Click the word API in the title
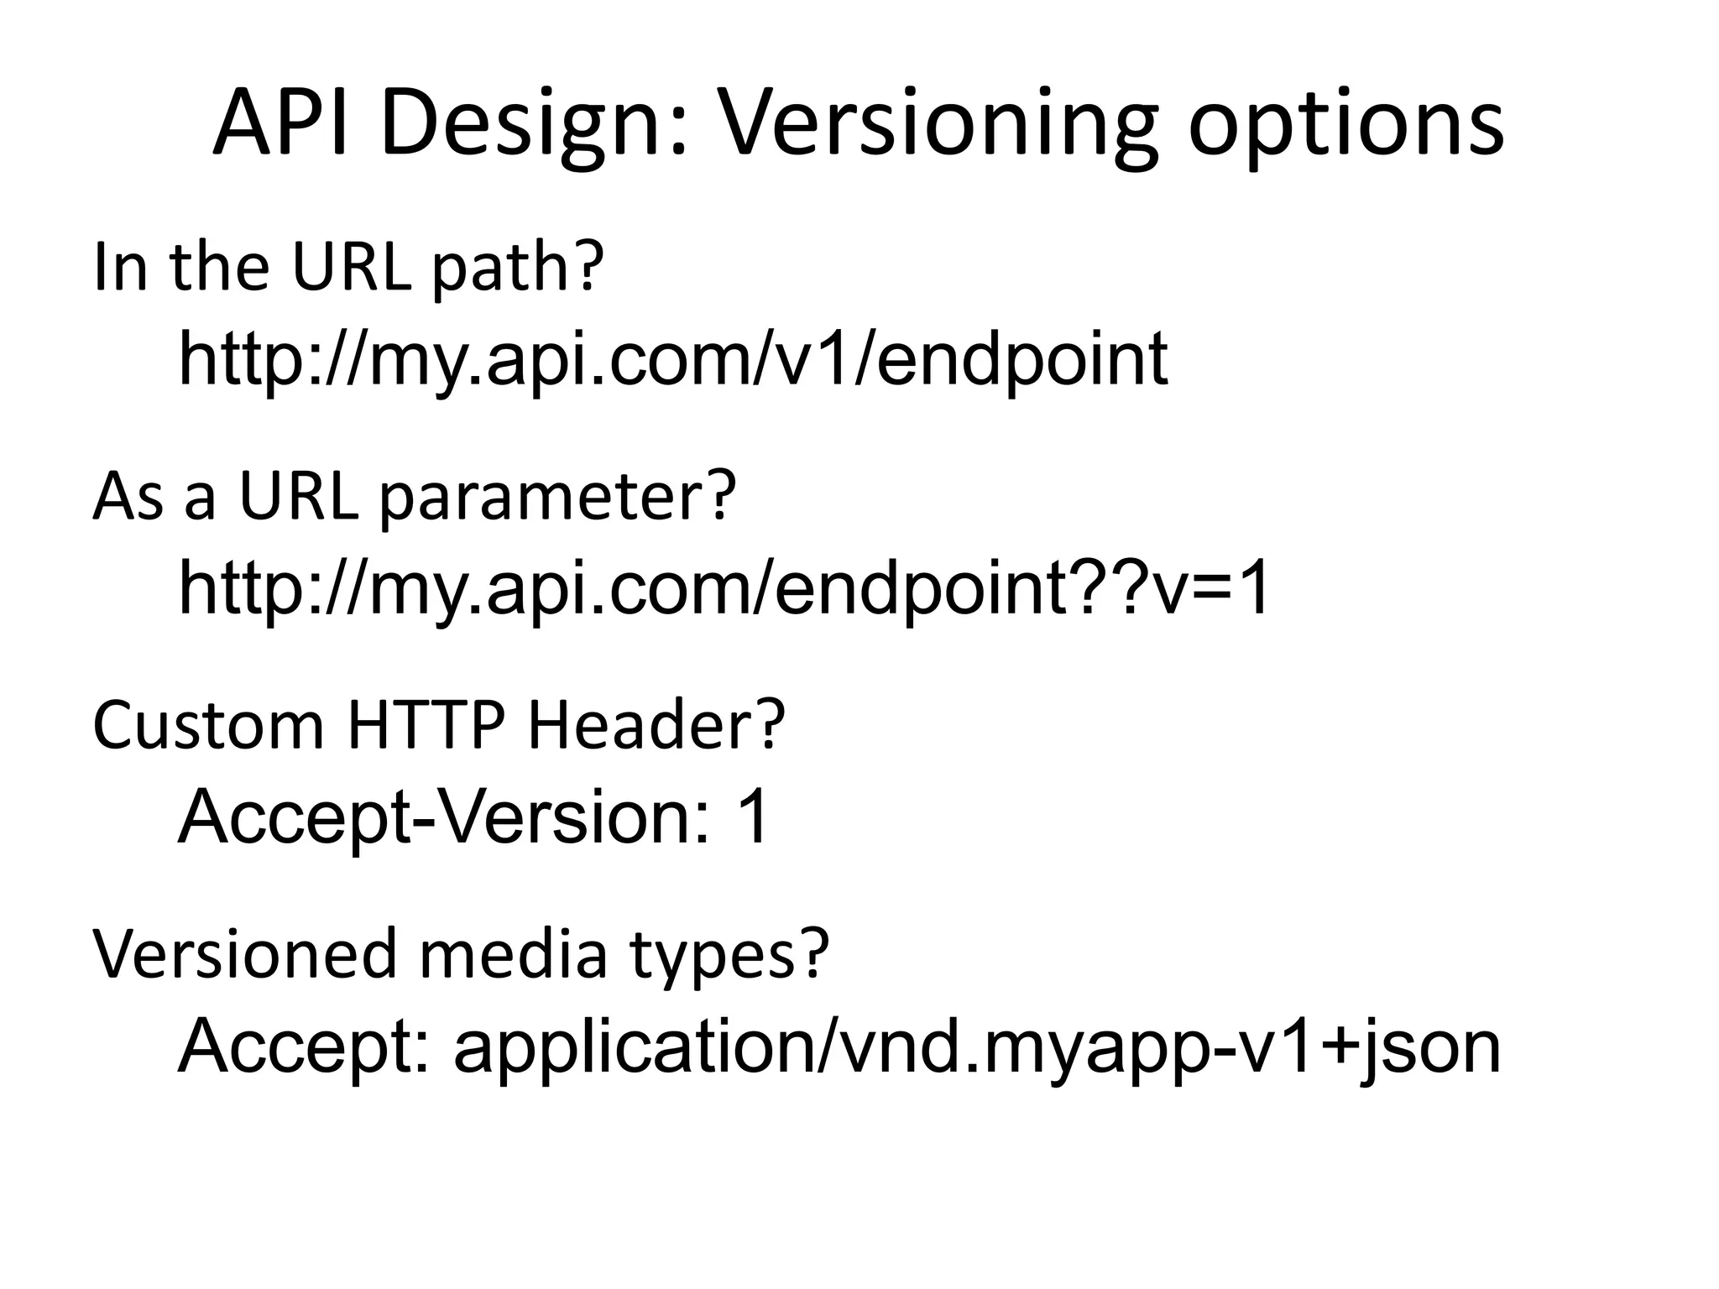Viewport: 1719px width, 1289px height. tap(280, 124)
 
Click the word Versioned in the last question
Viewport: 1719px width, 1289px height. tap(244, 954)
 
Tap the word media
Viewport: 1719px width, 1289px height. tap(512, 954)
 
